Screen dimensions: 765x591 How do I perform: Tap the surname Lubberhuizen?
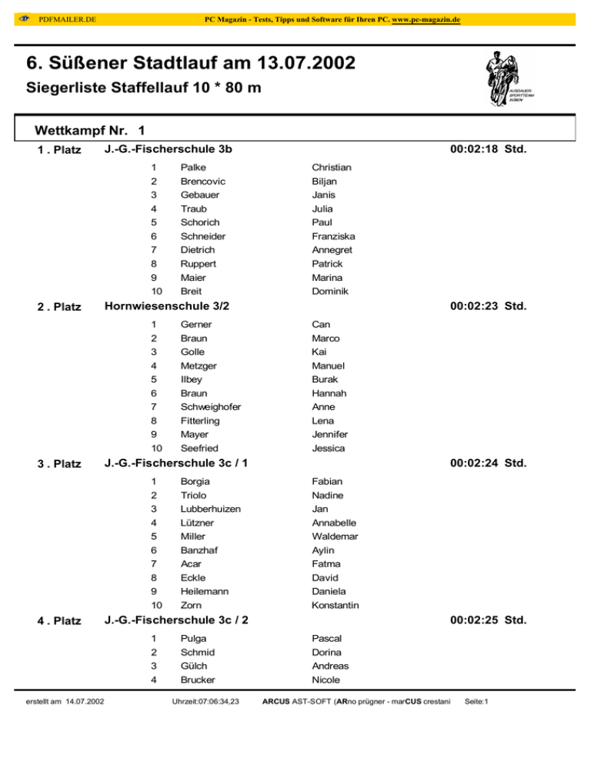click(210, 509)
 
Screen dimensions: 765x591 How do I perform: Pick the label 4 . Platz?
click(59, 621)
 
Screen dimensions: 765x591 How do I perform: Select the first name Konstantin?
click(335, 606)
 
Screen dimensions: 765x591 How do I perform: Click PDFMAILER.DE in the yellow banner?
click(67, 18)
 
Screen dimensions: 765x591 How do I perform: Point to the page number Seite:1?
click(478, 701)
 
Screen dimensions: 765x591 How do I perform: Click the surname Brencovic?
click(203, 181)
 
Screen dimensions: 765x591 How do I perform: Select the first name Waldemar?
click(336, 536)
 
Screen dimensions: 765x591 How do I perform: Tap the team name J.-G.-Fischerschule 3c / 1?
click(175, 463)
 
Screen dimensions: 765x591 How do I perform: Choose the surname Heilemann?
click(205, 591)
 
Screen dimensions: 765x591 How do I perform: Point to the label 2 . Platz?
click(59, 307)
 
